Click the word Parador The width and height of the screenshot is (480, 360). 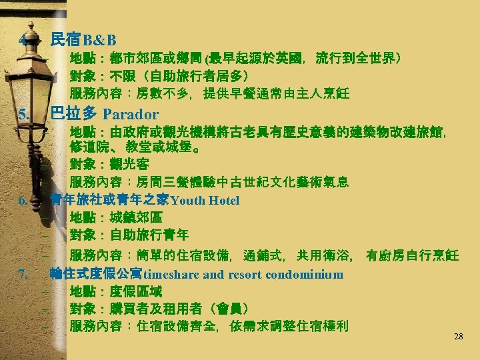pos(131,114)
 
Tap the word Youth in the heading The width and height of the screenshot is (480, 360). pos(188,200)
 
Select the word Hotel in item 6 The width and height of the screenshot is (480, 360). pos(223,200)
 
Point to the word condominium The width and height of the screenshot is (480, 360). pos(305,275)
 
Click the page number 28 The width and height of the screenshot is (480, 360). pos(458,337)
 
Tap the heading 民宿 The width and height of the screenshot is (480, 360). pos(66,40)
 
